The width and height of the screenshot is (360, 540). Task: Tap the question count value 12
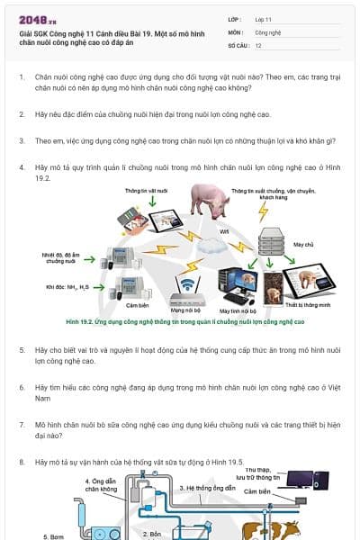click(258, 44)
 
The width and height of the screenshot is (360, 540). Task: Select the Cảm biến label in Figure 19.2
click(136, 306)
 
